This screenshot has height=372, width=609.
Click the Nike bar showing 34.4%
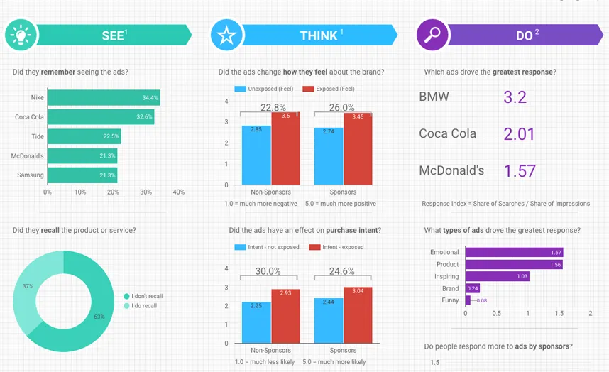click(104, 97)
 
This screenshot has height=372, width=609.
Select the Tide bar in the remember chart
click(84, 136)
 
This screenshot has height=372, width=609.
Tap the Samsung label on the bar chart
click(31, 175)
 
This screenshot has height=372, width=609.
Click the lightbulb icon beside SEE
click(20, 34)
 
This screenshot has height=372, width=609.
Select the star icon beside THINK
click(226, 35)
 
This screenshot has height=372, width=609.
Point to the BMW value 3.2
click(515, 97)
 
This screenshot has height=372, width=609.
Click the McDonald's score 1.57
click(520, 171)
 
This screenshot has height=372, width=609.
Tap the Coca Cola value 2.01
click(519, 134)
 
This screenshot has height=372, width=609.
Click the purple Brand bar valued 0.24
click(473, 288)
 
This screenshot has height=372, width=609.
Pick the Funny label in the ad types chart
click(449, 300)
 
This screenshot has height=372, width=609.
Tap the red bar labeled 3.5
click(285, 149)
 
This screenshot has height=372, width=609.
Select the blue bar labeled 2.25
click(256, 322)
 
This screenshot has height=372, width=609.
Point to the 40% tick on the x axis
click(178, 192)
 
